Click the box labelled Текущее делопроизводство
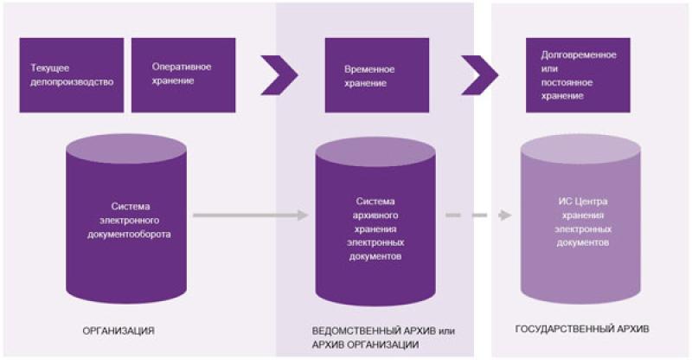coord(72,74)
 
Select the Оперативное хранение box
coord(183,74)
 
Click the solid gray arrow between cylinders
coord(251,214)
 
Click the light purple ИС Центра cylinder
coord(578,222)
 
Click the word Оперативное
coord(182,67)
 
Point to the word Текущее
coord(50,67)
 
